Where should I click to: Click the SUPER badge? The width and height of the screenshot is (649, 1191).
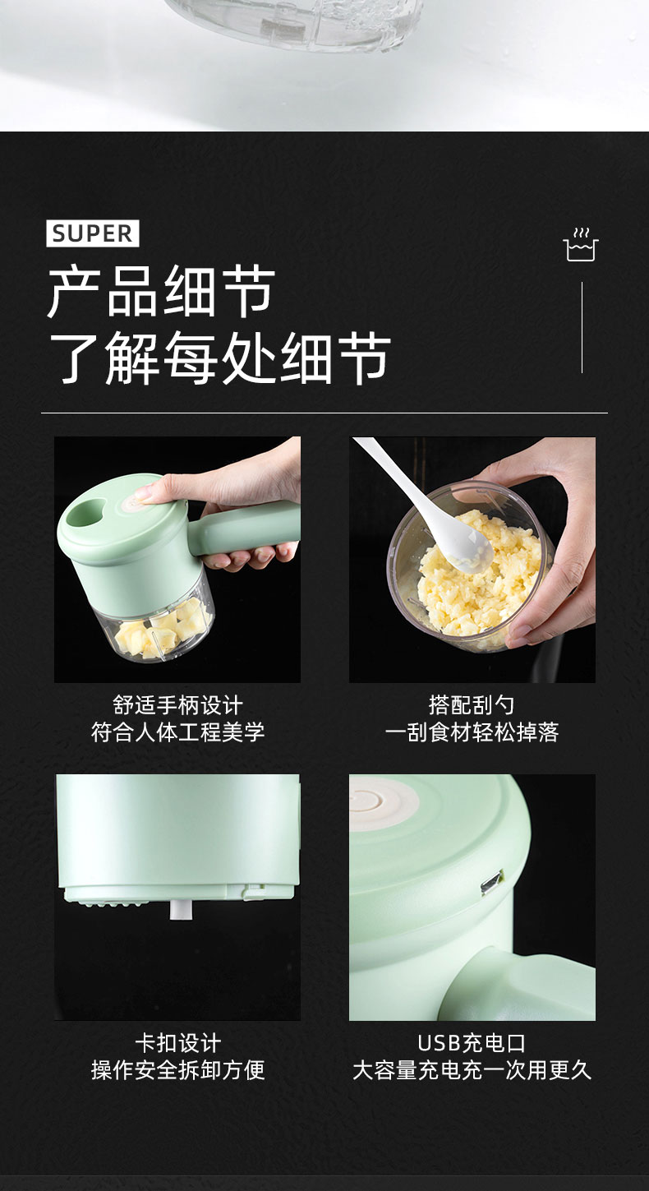pyautogui.click(x=93, y=233)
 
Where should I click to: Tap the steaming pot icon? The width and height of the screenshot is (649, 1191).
pyautogui.click(x=581, y=245)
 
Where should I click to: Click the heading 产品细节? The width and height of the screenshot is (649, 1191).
pyautogui.click(x=161, y=292)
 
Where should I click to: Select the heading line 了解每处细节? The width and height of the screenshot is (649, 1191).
pyautogui.click(x=219, y=358)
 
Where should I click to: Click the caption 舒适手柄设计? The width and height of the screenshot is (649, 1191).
pyautogui.click(x=177, y=705)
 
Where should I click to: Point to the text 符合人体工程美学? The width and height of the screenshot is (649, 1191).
pyautogui.click(x=177, y=732)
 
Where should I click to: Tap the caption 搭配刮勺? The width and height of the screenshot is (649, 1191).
pyautogui.click(x=472, y=705)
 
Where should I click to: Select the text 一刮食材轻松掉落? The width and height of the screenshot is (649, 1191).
pyautogui.click(x=472, y=732)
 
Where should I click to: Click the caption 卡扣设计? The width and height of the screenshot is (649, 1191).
pyautogui.click(x=177, y=1043)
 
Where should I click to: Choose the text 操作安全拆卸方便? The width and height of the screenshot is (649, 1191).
pyautogui.click(x=177, y=1070)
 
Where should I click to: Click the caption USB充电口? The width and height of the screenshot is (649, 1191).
pyautogui.click(x=472, y=1043)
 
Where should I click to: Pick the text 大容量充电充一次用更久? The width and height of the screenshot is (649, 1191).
pyautogui.click(x=472, y=1070)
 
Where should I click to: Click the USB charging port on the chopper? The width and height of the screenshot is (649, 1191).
pyautogui.click(x=491, y=882)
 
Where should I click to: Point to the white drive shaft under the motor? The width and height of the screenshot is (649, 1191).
pyautogui.click(x=180, y=908)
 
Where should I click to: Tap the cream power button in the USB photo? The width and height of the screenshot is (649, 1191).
pyautogui.click(x=384, y=801)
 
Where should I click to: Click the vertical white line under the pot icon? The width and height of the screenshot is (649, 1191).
pyautogui.click(x=582, y=327)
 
